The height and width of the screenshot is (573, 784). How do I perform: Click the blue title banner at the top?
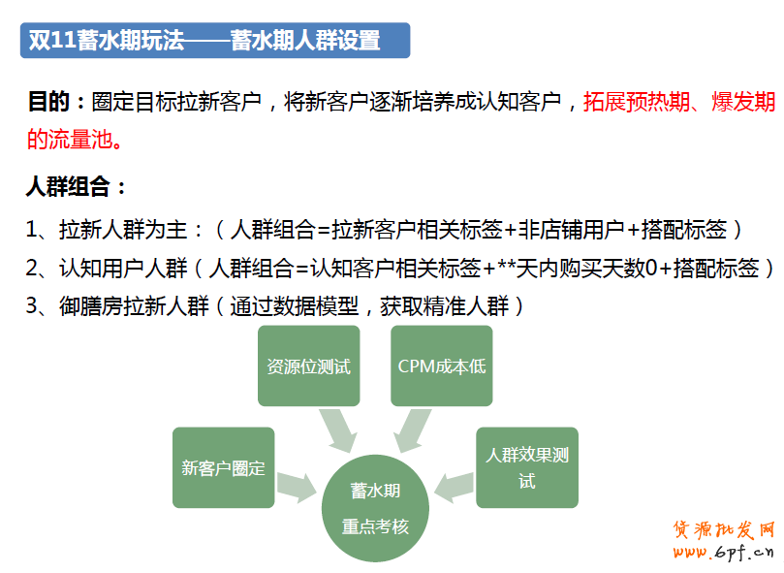pyautogui.click(x=215, y=40)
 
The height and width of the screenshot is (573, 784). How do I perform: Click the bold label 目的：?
pyautogui.click(x=56, y=102)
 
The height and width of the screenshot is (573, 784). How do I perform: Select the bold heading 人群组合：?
pyautogui.click(x=76, y=187)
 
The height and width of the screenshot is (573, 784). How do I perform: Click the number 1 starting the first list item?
pyautogui.click(x=32, y=230)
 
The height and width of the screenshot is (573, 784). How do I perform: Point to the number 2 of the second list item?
pyautogui.click(x=32, y=269)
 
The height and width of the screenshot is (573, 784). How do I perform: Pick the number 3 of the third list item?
pyautogui.click(x=32, y=305)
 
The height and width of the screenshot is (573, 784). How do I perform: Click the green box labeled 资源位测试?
pyautogui.click(x=308, y=366)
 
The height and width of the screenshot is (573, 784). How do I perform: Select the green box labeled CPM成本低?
pyautogui.click(x=442, y=366)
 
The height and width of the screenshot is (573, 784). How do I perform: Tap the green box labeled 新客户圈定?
pyautogui.click(x=224, y=467)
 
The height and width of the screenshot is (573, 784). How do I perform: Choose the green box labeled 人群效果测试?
pyautogui.click(x=527, y=467)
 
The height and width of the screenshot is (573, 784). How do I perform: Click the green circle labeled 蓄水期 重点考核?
pyautogui.click(x=375, y=508)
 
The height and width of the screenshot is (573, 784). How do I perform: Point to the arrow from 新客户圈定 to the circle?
pyautogui.click(x=297, y=487)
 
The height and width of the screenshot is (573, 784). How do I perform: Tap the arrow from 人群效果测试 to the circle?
pyautogui.click(x=454, y=487)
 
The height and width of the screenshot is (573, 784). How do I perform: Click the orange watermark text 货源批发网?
pyautogui.click(x=724, y=529)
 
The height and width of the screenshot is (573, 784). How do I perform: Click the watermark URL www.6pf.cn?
pyautogui.click(x=724, y=552)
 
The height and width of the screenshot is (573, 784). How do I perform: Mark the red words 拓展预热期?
pyautogui.click(x=637, y=102)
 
